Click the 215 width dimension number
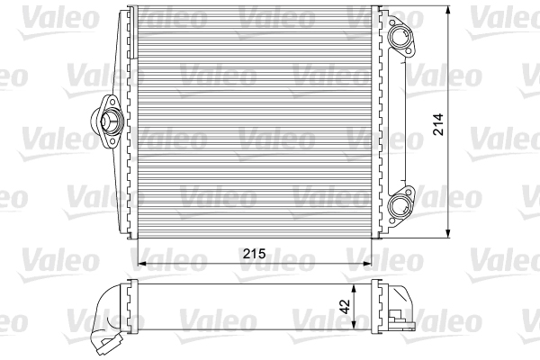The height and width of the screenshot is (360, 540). [253, 255]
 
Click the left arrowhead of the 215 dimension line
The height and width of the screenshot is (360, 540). [139, 264]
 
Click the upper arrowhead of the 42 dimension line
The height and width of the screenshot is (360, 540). [358, 284]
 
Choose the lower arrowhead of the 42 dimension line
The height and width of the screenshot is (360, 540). [358, 326]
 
